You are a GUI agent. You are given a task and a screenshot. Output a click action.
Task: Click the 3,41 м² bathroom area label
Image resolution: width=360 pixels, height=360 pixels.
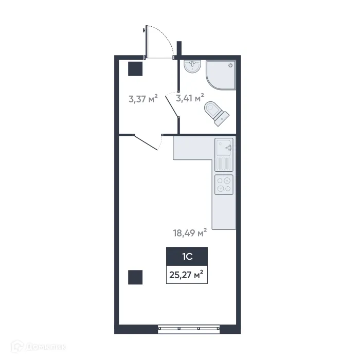[190, 97]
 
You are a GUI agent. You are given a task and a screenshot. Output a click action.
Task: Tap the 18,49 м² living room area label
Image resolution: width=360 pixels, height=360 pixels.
[190, 233]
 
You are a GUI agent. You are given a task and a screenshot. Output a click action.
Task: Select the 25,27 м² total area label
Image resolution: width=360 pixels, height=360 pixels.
[187, 274]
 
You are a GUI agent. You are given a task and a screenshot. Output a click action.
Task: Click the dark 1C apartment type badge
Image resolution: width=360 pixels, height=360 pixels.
[187, 255]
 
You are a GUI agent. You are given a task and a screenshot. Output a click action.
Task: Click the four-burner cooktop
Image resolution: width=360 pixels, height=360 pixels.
[224, 184]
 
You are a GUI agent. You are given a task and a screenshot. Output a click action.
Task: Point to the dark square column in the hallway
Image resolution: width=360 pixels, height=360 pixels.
[135, 69]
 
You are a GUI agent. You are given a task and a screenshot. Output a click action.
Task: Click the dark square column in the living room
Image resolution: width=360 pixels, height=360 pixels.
[135, 277]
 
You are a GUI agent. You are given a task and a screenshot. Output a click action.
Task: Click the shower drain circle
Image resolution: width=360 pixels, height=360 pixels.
[231, 65]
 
